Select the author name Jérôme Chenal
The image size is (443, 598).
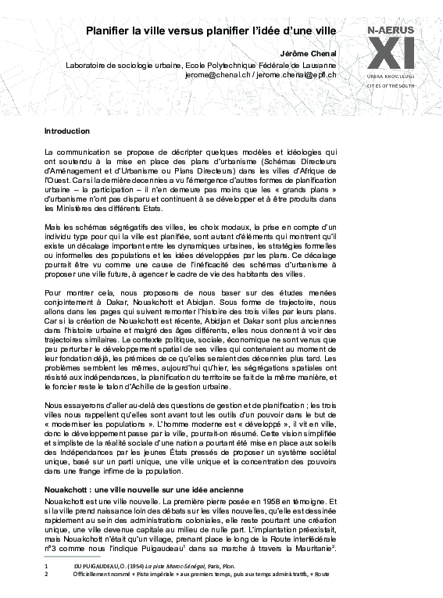point(313,53)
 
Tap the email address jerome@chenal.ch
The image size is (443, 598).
point(216,75)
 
